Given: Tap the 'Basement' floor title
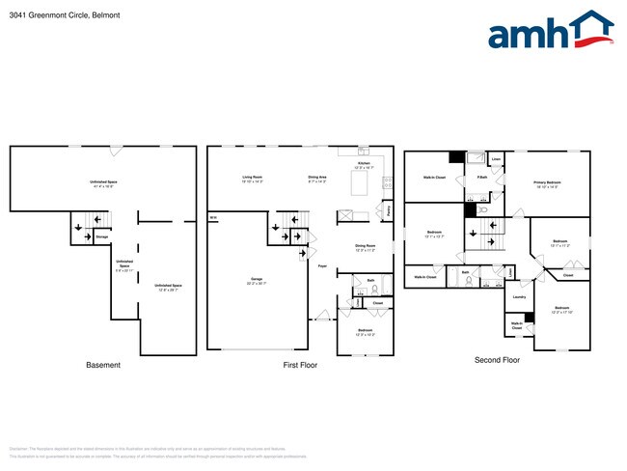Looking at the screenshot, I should click(103, 365).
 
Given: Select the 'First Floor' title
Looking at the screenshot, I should click(299, 365).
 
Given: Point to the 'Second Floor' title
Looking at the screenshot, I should click(497, 360).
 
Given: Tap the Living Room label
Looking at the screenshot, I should click(253, 178).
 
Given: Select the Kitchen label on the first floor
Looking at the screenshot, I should click(364, 165).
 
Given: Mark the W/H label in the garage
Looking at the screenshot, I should click(212, 218).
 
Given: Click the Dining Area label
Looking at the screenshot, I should click(317, 178).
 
